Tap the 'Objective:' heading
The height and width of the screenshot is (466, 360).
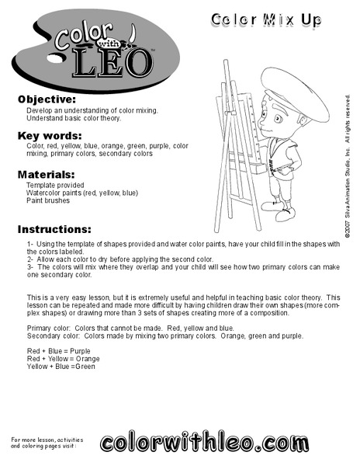point(47,100)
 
